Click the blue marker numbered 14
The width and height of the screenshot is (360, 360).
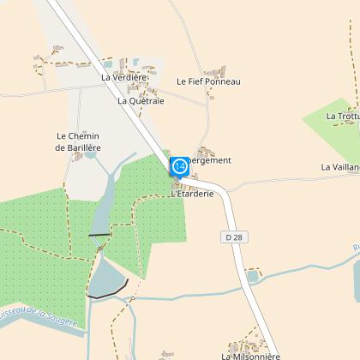[x=180, y=165]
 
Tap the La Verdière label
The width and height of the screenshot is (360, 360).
[x=124, y=77]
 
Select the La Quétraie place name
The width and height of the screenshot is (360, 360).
[x=141, y=100]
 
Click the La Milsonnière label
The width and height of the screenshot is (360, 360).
[x=250, y=355]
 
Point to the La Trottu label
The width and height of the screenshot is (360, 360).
[x=342, y=115]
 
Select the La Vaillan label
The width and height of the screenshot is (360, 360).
[x=339, y=167]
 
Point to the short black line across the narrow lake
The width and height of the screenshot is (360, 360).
[x=99, y=234]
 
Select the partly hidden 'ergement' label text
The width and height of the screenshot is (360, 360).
[x=210, y=160]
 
